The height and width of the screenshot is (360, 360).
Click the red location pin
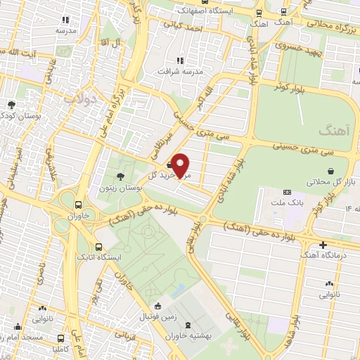[x=181, y=165]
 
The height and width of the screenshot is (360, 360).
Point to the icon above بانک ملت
[x=286, y=192]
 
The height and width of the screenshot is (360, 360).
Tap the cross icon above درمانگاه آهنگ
[x=323, y=245]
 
